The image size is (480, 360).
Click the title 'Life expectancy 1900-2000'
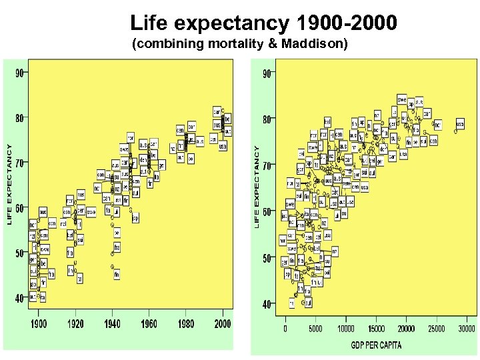point(263,24)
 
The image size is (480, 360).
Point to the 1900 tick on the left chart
point(39,323)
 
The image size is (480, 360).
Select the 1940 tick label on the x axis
point(112,323)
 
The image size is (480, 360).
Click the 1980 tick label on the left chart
point(186,323)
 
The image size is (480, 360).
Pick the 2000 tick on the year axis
point(223,323)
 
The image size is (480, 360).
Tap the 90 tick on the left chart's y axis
point(19,73)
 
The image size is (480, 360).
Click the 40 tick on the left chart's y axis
point(19,297)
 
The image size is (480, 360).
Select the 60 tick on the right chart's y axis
point(267,211)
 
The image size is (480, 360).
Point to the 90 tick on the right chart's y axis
point(267,74)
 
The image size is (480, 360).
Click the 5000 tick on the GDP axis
point(315,328)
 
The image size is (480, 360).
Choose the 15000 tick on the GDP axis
point(375,328)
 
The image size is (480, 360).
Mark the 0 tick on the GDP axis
point(285,328)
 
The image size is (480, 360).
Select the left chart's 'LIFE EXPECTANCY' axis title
point(9,185)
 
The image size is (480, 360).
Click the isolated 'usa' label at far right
point(460,124)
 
